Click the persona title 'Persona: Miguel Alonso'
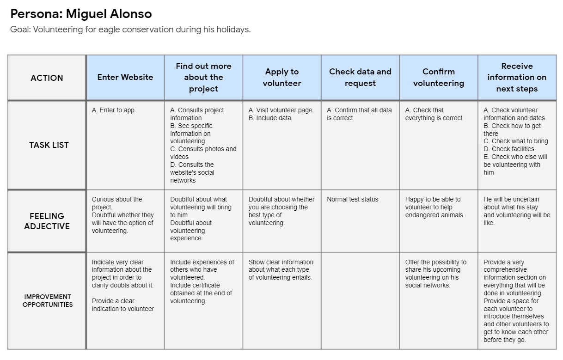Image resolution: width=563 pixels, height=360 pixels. (81, 14)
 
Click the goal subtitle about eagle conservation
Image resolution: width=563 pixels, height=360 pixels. (130, 30)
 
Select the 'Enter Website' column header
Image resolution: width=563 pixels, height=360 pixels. (125, 78)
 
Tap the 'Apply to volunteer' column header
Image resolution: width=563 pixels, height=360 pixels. (282, 78)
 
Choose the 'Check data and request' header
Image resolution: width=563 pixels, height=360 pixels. (360, 78)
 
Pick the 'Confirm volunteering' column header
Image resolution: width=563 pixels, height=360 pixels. (439, 78)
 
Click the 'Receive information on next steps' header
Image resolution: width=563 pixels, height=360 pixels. (517, 78)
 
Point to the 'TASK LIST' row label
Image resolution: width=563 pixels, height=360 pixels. (49, 145)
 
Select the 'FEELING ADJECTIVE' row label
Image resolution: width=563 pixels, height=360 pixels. (47, 221)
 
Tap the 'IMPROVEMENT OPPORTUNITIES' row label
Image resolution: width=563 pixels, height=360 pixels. (48, 300)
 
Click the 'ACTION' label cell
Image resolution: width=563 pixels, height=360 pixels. (47, 78)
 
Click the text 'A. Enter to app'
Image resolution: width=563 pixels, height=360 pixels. (113, 110)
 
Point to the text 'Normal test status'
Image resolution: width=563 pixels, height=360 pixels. (352, 200)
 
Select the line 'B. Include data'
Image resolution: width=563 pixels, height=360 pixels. (270, 118)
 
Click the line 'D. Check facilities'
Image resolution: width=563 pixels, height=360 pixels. (509, 149)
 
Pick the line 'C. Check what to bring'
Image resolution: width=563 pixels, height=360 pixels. (516, 141)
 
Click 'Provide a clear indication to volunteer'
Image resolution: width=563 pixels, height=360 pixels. (122, 305)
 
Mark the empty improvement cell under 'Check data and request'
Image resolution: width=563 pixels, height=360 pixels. (360, 300)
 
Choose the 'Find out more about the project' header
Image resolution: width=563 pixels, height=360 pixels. (203, 78)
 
